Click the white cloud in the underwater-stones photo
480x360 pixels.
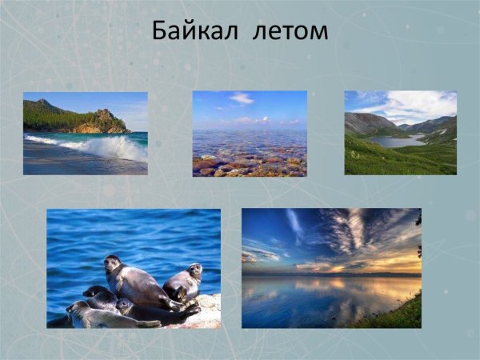(242, 98)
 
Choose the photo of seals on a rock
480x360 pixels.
(134, 268)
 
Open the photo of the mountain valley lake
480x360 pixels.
(400, 132)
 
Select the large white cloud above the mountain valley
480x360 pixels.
(408, 105)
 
